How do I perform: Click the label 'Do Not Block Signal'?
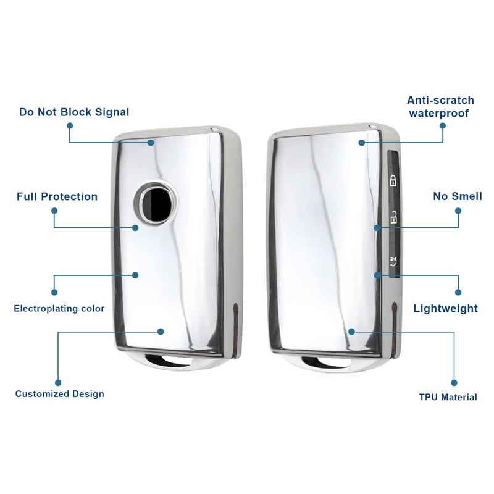[74, 112]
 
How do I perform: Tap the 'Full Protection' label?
[57, 196]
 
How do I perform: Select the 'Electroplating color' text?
[59, 308]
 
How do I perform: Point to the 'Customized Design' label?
[59, 393]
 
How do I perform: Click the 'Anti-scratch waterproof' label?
[440, 106]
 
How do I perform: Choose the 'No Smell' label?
[458, 196]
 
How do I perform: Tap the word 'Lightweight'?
[445, 308]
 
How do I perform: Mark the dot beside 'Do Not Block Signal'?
[70, 125]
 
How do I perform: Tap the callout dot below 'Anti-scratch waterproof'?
[442, 125]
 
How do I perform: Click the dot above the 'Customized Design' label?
[58, 382]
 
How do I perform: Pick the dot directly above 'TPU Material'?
[454, 383]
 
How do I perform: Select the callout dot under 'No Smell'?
[458, 210]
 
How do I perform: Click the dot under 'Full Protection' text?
[54, 211]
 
